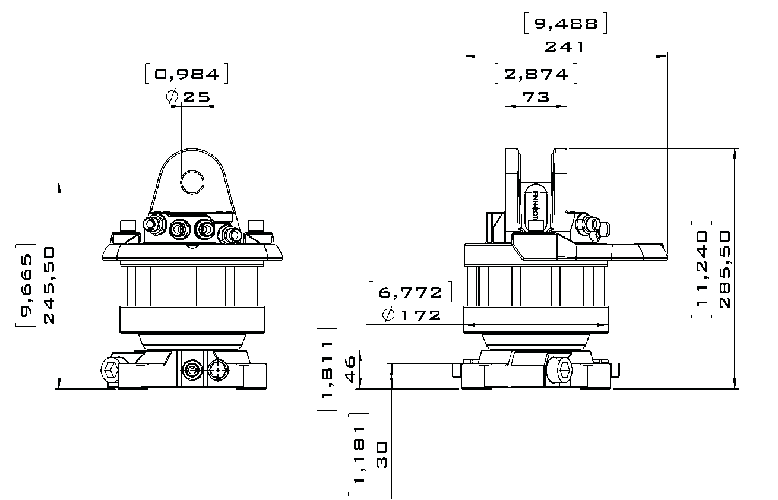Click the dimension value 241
(x=564, y=46)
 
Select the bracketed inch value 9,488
(x=566, y=24)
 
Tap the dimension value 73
(x=536, y=97)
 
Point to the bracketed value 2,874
(x=536, y=74)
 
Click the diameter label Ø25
(x=188, y=97)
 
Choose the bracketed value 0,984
(x=186, y=74)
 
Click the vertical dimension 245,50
(x=49, y=285)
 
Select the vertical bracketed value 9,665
(x=26, y=286)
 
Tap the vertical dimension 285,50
(x=725, y=270)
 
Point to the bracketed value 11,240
(x=701, y=270)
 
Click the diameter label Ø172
(x=412, y=315)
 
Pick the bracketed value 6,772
(x=410, y=292)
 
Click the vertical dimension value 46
(x=350, y=369)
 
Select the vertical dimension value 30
(x=381, y=455)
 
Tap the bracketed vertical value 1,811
(x=327, y=369)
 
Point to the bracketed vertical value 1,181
(x=359, y=455)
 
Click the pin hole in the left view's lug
(x=192, y=182)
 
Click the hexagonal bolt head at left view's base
(x=110, y=369)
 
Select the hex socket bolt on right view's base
(x=561, y=371)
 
